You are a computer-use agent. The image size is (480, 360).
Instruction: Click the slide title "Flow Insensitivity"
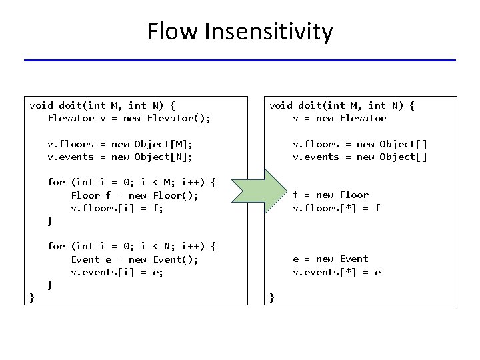click(240, 31)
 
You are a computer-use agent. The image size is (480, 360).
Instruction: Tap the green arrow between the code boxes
click(257, 195)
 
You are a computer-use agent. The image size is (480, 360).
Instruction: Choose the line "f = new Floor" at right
click(331, 195)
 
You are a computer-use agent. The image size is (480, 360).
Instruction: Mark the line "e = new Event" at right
click(331, 259)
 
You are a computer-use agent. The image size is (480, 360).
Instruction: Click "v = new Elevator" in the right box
click(339, 118)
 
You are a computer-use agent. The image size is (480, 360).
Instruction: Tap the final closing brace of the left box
click(32, 297)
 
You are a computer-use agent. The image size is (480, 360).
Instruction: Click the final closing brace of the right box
click(272, 297)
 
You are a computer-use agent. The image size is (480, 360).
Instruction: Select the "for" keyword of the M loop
click(56, 182)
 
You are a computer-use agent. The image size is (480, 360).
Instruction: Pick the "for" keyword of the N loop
click(56, 246)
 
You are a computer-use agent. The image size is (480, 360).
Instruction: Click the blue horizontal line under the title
click(240, 61)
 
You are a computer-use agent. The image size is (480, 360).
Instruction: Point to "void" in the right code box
click(281, 105)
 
